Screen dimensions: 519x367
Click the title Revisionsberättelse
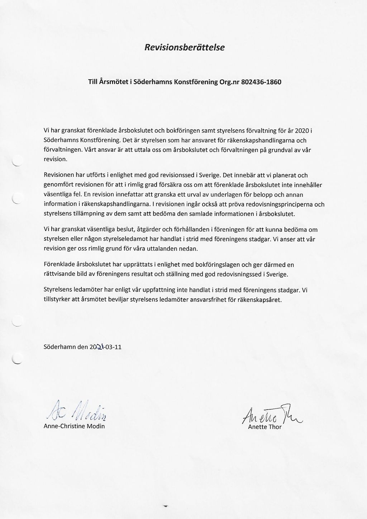pyautogui.click(x=184, y=47)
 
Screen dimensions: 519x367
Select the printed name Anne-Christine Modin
pyautogui.click(x=74, y=426)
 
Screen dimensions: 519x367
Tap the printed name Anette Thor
pyautogui.click(x=265, y=427)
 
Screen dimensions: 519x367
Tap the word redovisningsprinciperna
pyautogui.click(x=274, y=204)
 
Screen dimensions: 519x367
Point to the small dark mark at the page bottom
pyautogui.click(x=166, y=506)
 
